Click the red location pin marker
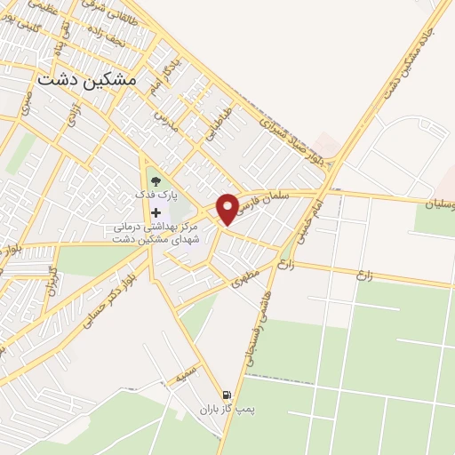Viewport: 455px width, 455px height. click(x=228, y=209)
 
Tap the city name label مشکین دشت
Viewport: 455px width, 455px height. click(x=88, y=78)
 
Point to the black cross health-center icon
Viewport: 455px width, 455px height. click(x=156, y=212)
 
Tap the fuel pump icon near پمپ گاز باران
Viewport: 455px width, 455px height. click(x=227, y=395)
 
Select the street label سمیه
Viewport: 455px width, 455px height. click(x=185, y=377)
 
